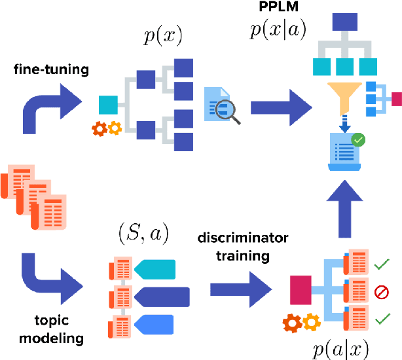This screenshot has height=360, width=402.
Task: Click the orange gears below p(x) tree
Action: coord(106,128)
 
